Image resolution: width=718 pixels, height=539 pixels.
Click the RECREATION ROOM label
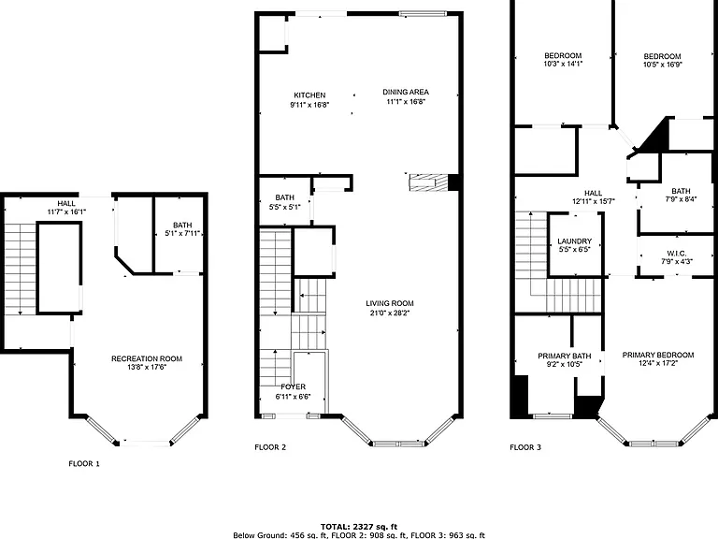(x=147, y=359)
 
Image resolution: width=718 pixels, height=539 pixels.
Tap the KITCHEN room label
(x=309, y=95)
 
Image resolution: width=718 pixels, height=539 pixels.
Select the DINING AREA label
(x=406, y=92)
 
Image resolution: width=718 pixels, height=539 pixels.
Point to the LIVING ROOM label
(x=390, y=303)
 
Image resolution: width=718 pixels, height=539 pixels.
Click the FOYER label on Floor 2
(x=293, y=386)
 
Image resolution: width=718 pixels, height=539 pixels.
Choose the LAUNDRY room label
(x=575, y=241)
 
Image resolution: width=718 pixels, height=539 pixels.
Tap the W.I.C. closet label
(x=676, y=254)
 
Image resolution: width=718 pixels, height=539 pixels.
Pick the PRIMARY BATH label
(x=564, y=357)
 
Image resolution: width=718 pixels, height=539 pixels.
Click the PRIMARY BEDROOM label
(x=658, y=355)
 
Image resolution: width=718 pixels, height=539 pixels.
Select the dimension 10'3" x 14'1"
(x=563, y=65)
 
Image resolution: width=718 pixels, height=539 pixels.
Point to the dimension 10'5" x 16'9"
(x=663, y=65)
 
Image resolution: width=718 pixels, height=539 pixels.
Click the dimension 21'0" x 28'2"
(x=390, y=313)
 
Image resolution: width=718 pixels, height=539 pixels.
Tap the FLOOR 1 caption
(x=84, y=464)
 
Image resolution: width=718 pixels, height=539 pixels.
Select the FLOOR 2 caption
(x=270, y=447)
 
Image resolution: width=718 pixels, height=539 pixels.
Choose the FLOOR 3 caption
(x=525, y=447)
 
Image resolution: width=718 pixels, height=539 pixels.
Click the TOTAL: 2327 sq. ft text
(x=359, y=527)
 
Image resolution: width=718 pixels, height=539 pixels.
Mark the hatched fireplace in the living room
(x=427, y=182)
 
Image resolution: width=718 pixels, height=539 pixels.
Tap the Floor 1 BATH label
(x=182, y=225)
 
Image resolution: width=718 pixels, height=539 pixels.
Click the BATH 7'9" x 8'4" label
(x=681, y=191)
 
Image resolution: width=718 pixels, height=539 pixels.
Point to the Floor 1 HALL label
(x=66, y=203)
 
